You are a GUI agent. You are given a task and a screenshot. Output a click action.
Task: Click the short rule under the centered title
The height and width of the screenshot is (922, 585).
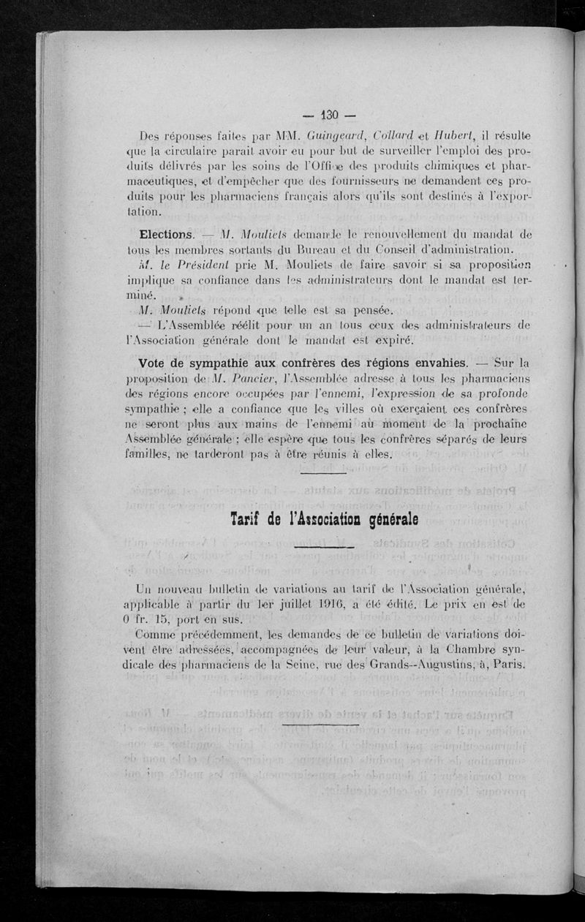(x=322, y=546)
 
